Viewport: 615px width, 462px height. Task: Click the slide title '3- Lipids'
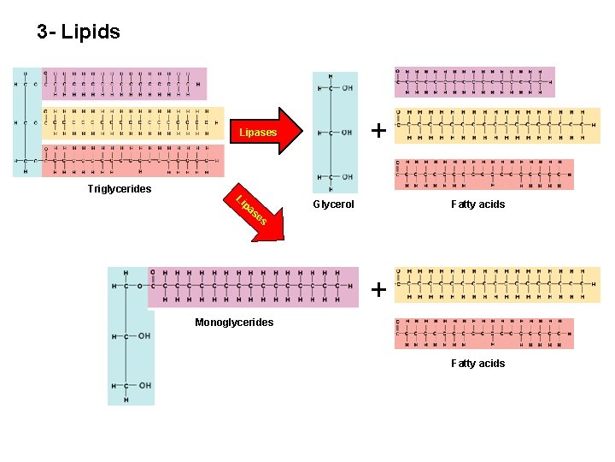79,33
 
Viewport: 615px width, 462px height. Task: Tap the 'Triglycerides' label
119,189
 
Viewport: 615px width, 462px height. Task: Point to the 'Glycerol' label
333,204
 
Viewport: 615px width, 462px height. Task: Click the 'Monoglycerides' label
234,323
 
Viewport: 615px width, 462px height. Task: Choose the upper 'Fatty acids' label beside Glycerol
477,204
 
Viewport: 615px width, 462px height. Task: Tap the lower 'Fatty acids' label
477,364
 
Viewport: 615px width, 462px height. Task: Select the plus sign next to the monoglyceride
378,290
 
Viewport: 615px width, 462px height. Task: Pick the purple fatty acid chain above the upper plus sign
474,82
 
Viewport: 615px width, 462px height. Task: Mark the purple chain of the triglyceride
124,84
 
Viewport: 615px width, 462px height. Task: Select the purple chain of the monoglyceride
253,287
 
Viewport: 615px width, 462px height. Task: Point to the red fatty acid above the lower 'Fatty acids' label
483,334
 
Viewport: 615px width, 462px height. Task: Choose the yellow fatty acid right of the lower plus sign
497,285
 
